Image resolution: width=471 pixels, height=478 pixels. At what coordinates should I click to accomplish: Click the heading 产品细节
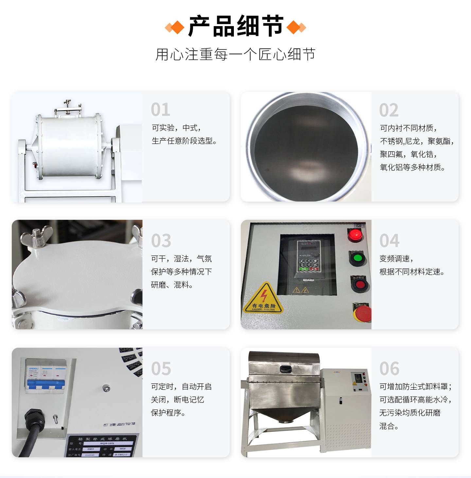[235, 26]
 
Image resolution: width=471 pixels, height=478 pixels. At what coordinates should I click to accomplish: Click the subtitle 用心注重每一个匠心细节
[235, 54]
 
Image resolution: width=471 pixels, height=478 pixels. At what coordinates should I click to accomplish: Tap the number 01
[160, 110]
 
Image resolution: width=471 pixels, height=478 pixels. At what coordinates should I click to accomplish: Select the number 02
[389, 110]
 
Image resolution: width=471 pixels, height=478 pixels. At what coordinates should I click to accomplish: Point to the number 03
[161, 241]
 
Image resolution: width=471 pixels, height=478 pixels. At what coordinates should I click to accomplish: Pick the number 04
[389, 241]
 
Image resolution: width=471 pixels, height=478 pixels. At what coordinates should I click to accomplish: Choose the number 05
[161, 369]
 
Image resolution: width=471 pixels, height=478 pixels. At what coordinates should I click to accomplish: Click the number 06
[389, 369]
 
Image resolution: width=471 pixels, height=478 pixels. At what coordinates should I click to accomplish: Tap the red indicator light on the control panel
[355, 235]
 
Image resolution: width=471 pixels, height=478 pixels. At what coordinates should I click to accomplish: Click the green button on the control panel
[358, 258]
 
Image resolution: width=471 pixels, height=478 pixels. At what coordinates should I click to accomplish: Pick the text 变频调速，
[396, 259]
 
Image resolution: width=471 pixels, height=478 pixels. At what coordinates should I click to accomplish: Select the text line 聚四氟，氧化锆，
[408, 154]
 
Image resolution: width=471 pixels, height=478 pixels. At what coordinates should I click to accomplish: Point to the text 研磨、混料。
[172, 285]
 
